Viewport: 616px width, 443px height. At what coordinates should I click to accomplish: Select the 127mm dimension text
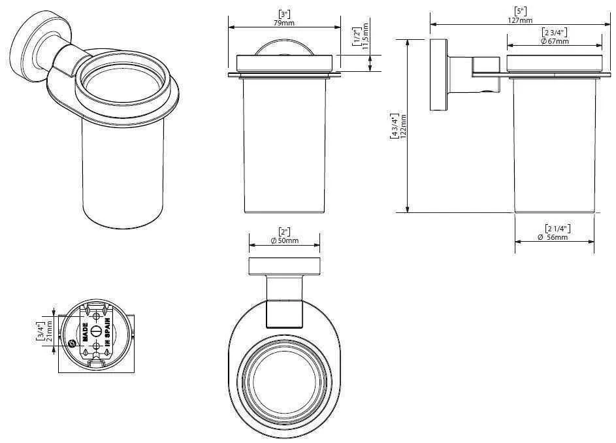[x=520, y=20]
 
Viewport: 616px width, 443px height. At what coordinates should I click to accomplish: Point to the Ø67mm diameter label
[x=555, y=41]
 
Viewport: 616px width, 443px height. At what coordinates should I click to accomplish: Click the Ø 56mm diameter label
[x=553, y=237]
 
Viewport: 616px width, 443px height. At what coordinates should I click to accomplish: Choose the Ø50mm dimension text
[x=284, y=241]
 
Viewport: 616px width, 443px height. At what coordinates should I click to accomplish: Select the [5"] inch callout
[x=519, y=11]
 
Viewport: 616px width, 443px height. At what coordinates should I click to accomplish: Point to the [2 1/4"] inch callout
[x=557, y=228]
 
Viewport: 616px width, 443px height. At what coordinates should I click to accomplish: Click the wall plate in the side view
[x=436, y=75]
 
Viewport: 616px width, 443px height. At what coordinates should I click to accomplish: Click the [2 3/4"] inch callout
[x=554, y=32]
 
